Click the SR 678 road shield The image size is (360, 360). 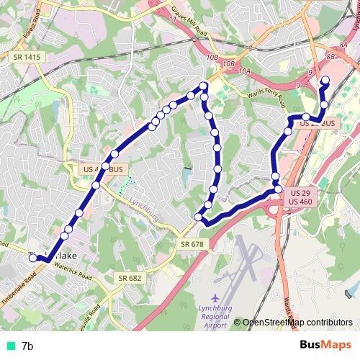[189, 246]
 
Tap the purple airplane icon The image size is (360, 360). [215, 297]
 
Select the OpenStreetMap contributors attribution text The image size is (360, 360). [297, 322]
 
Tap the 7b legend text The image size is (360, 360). [27, 346]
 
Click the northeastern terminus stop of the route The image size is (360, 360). [324, 81]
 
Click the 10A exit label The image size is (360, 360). [245, 71]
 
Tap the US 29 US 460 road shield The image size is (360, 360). [300, 198]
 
